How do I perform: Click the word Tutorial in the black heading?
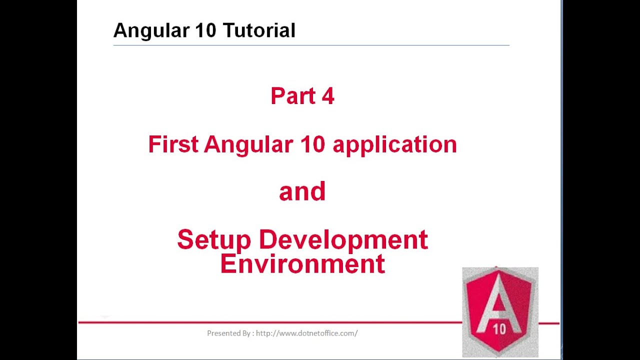pos(259,30)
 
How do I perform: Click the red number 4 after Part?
pos(328,96)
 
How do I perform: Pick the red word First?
pos(172,144)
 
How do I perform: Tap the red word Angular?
pos(248,145)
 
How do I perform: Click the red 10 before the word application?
pos(312,144)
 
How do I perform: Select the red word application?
pos(394,145)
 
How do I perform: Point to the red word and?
pos(302,192)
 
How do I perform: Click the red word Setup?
pos(214,240)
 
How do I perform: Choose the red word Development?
pos(343,240)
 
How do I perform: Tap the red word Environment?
pos(302,264)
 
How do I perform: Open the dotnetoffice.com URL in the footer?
pos(306,333)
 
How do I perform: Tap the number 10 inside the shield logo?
pos(499,329)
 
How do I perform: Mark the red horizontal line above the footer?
pos(270,322)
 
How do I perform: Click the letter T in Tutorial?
pos(228,30)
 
